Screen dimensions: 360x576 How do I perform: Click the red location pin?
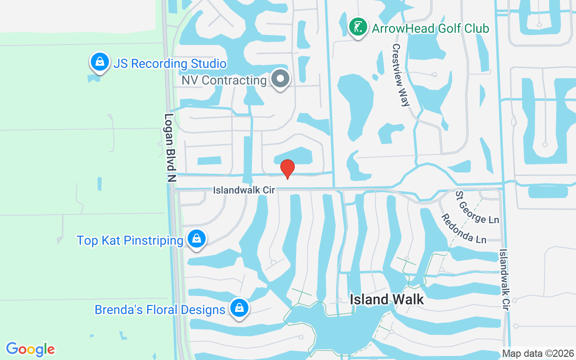coord(288,169)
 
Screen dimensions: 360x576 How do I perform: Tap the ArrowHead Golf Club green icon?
coord(358,27)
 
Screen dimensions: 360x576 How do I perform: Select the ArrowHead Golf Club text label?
coord(430,29)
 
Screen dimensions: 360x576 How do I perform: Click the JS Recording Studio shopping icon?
coord(100,62)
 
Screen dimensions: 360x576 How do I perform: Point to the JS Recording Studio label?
coord(170,63)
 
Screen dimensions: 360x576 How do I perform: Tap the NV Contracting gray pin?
coord(280,79)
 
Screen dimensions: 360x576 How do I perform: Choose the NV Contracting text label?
coord(224,81)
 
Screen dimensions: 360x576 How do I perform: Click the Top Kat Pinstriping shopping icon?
coord(197,239)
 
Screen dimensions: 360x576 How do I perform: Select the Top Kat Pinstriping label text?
coord(130,240)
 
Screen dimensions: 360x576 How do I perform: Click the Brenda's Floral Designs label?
coord(160,310)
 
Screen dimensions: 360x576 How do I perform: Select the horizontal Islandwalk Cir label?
coord(244,190)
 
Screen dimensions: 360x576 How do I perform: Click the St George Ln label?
coord(477,207)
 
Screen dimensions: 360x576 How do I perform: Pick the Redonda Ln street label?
coord(463,228)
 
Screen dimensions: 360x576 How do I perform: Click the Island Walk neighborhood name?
coord(387,299)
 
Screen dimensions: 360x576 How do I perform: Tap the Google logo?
coord(31,349)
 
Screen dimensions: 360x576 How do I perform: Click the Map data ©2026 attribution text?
coord(538,353)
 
